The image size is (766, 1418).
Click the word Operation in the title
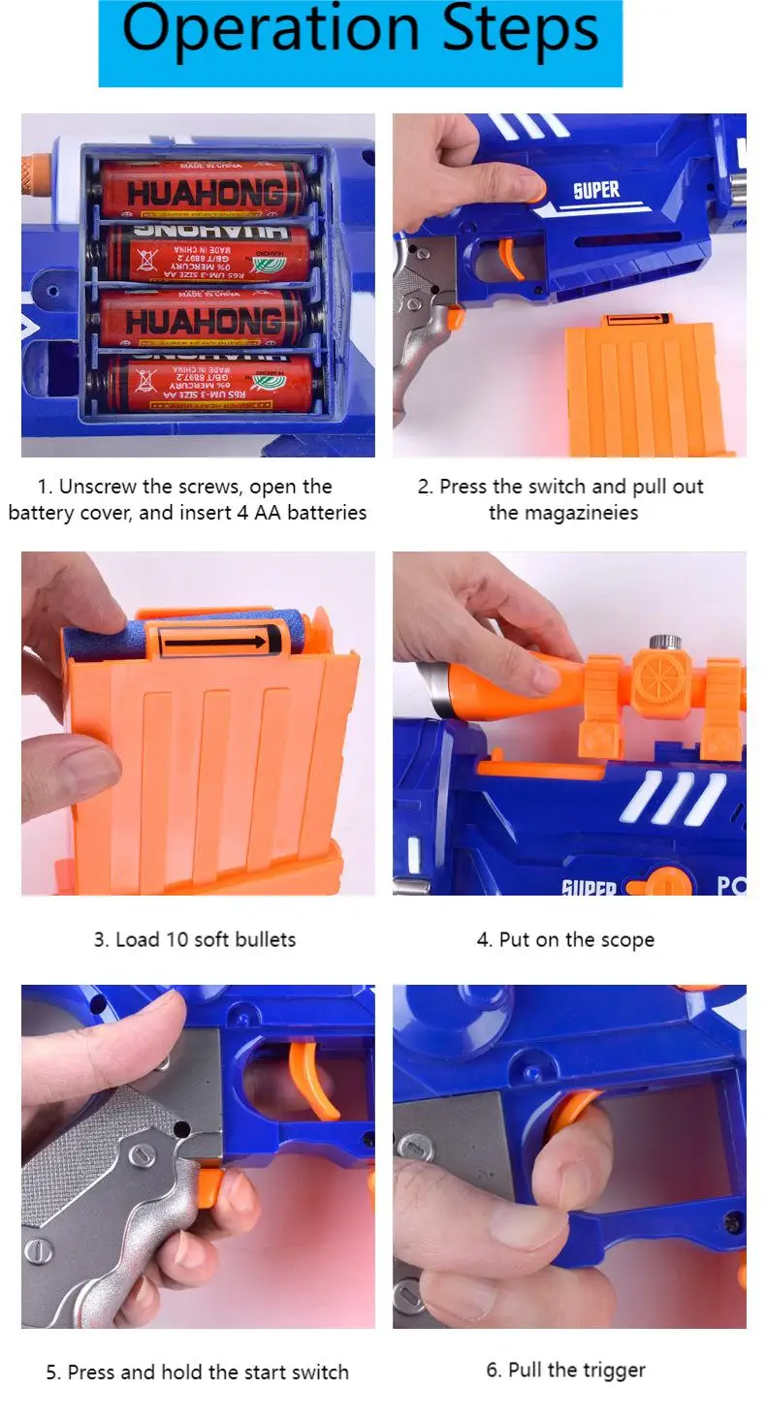[273, 31]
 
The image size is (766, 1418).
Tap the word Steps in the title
[520, 31]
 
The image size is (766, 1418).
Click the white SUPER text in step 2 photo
[596, 190]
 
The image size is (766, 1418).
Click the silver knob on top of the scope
[662, 643]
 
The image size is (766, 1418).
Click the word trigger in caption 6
[613, 1370]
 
